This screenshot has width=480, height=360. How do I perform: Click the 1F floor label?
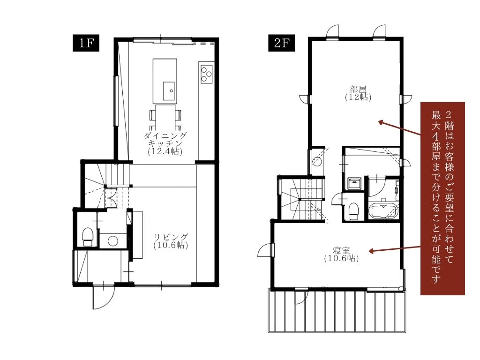click(86, 43)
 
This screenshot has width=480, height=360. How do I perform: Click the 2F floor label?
click(282, 43)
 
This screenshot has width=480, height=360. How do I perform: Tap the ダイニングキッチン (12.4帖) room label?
click(165, 143)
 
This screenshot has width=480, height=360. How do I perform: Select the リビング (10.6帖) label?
click(171, 241)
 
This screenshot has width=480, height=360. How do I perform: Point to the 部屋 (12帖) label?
click(358, 93)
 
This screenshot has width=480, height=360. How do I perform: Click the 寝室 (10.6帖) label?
click(341, 255)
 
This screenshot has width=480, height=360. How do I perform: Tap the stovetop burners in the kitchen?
click(206, 74)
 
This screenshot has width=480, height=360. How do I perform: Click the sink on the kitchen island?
click(169, 91)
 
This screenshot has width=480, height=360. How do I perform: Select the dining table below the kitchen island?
click(165, 118)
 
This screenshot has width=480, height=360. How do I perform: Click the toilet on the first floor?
click(88, 236)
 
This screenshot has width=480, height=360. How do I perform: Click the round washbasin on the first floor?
click(113, 240)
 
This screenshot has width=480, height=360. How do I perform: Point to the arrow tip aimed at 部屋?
click(379, 122)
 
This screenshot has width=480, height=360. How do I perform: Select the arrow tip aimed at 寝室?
click(369, 251)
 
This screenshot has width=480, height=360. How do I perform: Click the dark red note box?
click(442, 198)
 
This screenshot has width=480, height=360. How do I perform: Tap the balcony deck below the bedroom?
click(337, 310)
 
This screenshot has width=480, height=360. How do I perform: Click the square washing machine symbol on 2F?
click(354, 183)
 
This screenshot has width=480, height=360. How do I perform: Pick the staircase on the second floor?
click(301, 199)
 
